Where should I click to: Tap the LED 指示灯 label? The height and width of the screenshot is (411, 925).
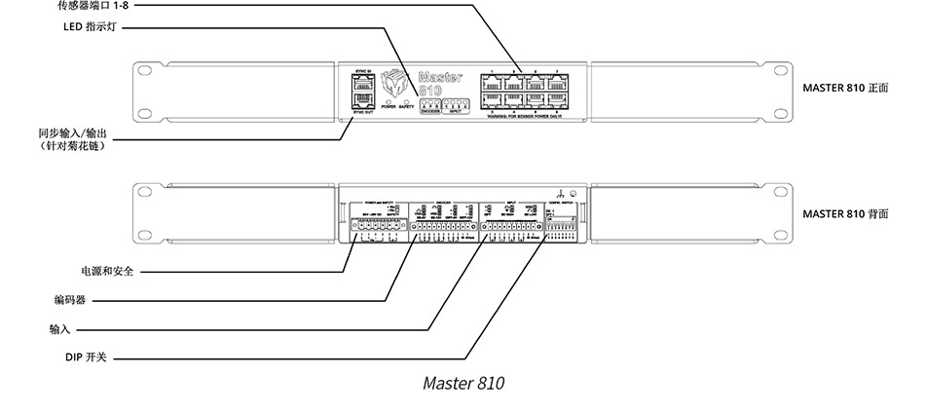tap(91, 28)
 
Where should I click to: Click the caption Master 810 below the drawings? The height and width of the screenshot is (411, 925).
tap(463, 382)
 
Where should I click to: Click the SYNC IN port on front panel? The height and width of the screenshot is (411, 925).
tap(361, 84)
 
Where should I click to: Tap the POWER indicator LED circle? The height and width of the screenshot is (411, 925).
tap(388, 100)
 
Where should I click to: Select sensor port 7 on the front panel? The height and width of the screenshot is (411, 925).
tap(558, 82)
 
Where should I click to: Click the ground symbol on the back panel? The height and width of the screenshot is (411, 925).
tap(561, 194)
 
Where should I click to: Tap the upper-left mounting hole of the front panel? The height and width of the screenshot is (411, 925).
tap(146, 71)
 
